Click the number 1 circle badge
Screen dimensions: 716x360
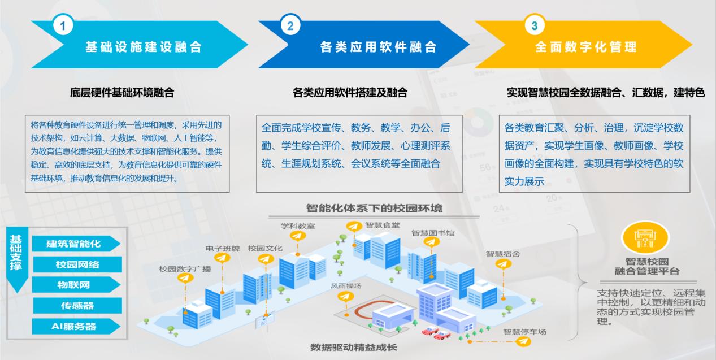[x=63, y=25]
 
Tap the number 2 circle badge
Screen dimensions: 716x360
[x=290, y=25]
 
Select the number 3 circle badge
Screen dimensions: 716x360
[x=535, y=25]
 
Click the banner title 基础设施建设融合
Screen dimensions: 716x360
[x=144, y=47]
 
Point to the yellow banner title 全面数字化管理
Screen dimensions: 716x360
[x=586, y=47]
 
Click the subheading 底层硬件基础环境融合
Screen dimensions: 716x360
[x=122, y=93]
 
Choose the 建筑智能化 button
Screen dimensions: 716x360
[x=76, y=244]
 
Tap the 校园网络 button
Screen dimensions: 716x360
[x=77, y=264]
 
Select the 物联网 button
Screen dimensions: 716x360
[x=76, y=285]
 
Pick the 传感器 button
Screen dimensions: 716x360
[x=77, y=306]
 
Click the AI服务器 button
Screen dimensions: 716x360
[x=76, y=327]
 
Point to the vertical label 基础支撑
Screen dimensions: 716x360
[x=16, y=253]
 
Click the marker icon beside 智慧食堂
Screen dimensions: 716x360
[x=354, y=227]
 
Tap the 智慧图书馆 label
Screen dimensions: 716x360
[x=433, y=233]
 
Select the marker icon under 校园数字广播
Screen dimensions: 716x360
[x=185, y=278]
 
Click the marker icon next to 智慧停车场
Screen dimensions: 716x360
[x=523, y=342]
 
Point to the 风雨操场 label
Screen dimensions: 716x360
[x=346, y=286]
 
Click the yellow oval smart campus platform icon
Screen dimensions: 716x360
[x=645, y=238]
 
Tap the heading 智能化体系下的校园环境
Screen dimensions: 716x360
[x=374, y=209]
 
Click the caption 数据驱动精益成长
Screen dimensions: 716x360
[x=354, y=347]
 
